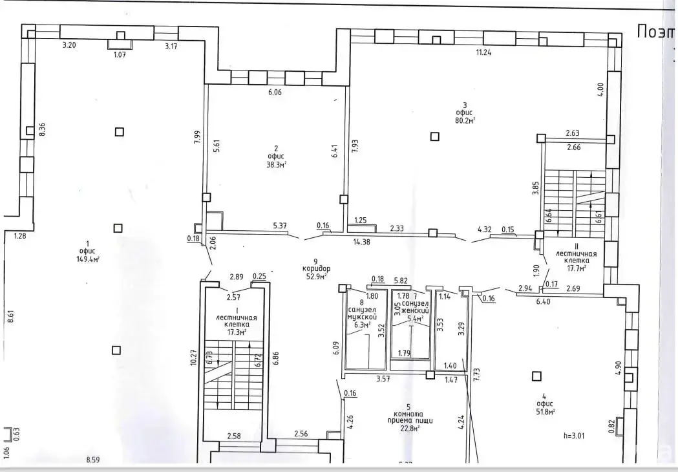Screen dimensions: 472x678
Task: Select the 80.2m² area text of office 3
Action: point(465,120)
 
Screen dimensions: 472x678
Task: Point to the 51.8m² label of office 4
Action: point(546,411)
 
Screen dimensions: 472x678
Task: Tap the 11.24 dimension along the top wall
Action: point(483,53)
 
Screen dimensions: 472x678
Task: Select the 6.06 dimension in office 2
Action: point(274,92)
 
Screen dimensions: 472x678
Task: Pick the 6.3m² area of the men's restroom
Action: point(361,325)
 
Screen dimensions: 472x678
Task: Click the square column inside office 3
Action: point(435,136)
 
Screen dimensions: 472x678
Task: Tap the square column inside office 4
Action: point(535,375)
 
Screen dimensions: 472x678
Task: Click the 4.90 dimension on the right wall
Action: point(619,367)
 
